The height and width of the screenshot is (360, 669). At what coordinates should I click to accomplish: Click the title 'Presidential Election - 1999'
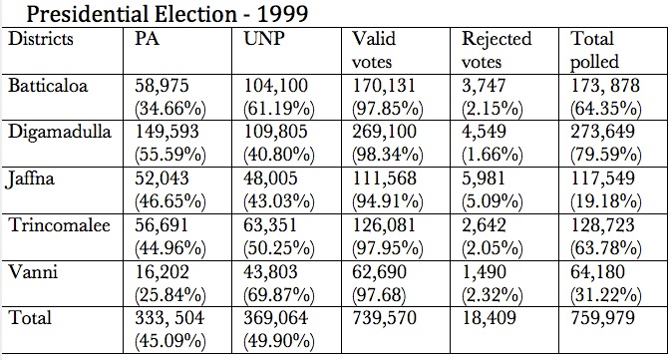point(167,14)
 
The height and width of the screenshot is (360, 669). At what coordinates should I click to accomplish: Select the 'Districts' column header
point(41,39)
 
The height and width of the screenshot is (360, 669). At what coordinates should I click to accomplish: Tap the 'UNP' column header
point(264,39)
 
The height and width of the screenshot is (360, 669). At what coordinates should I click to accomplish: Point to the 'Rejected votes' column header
point(497,50)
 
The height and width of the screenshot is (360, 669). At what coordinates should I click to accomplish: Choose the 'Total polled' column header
point(595,50)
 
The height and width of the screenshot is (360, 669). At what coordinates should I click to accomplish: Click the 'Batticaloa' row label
point(48,86)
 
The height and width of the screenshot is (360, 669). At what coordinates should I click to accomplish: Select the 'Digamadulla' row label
point(60,133)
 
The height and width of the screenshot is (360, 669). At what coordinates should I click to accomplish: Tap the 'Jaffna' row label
point(31,179)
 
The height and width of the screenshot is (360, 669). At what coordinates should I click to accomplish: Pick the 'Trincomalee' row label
point(60,224)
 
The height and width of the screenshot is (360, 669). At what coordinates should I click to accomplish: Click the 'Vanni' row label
point(33,271)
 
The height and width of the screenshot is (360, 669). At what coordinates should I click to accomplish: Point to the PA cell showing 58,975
point(162,86)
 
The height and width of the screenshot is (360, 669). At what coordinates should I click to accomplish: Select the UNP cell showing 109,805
point(275,133)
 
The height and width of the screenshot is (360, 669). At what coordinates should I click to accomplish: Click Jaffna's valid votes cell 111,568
point(384,179)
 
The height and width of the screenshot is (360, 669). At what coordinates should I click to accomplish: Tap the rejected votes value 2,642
point(484,225)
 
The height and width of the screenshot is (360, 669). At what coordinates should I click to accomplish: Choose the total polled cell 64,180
point(597,271)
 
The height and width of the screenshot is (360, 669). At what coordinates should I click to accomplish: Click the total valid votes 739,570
point(384,318)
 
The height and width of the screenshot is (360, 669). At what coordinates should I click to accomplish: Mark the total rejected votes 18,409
point(489,318)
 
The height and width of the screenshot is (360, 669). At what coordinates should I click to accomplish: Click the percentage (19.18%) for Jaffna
point(606,201)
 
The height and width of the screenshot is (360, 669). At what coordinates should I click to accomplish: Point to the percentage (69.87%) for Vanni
point(279,295)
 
